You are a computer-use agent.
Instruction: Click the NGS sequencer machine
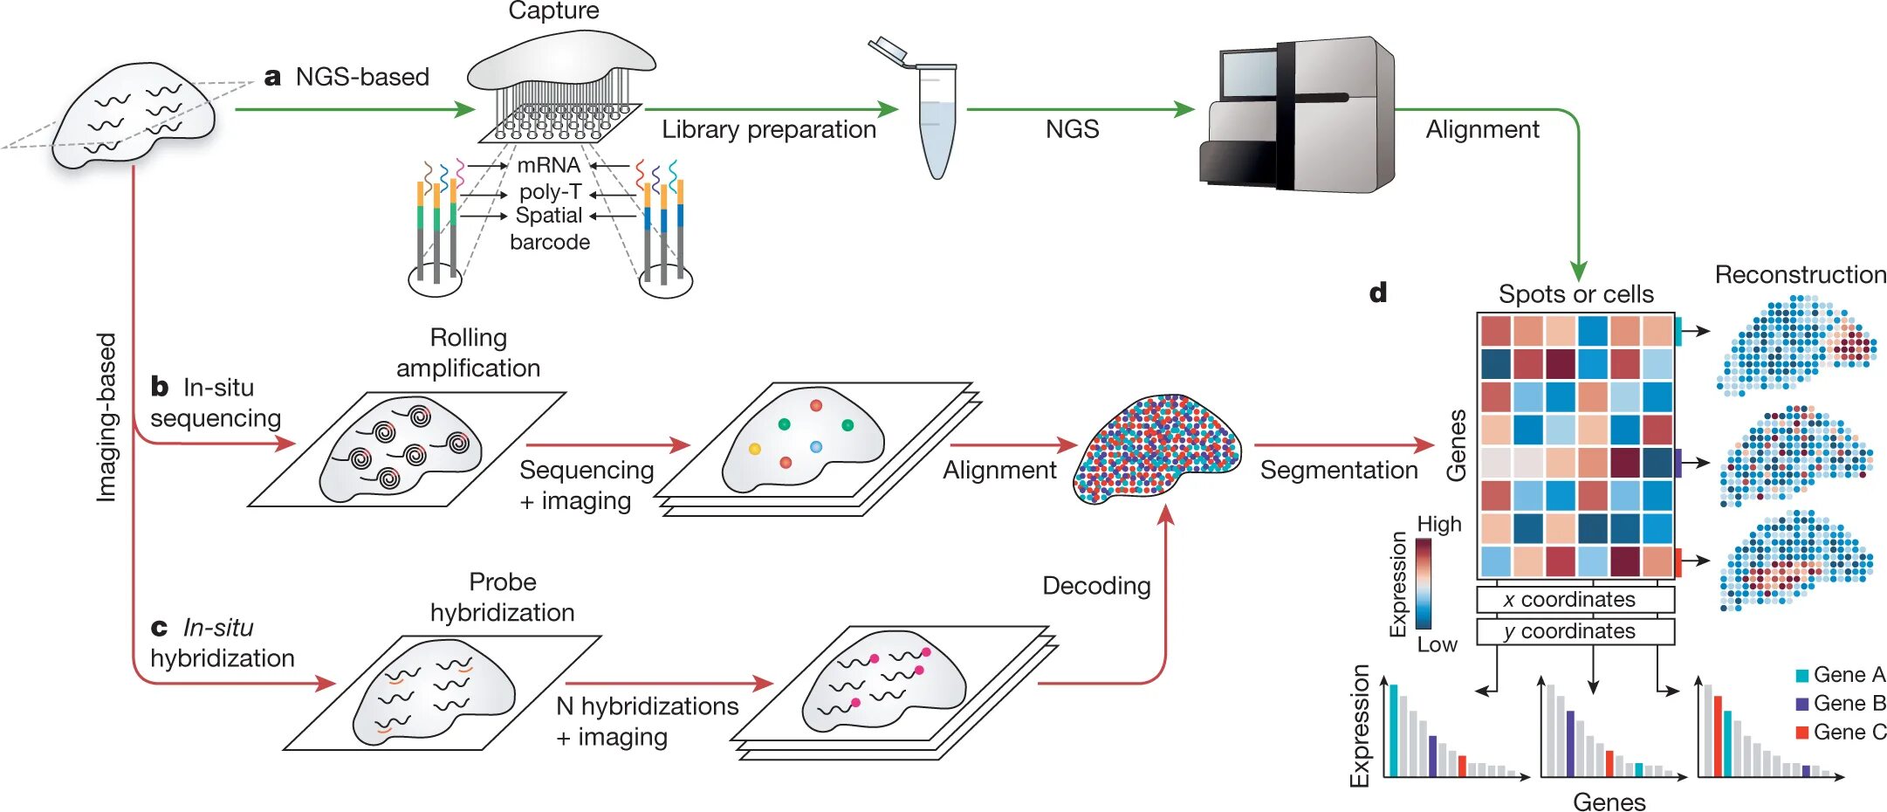pos(1297,114)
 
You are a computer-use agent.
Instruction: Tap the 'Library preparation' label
pos(769,129)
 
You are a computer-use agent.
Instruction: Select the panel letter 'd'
pos(1378,292)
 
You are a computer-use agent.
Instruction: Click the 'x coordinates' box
pos(1575,600)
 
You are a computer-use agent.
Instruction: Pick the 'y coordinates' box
pos(1575,631)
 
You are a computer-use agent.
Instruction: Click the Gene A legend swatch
pos(1801,675)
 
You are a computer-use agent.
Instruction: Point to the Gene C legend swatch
pos(1801,733)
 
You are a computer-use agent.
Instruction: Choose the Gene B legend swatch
pos(1801,704)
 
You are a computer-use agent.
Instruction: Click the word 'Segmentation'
pos(1339,471)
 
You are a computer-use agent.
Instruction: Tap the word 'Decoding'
pos(1096,586)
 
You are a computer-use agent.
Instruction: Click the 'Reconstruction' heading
pos(1801,274)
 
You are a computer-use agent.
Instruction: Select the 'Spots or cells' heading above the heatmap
pos(1576,294)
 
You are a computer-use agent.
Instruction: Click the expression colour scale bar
pos(1424,583)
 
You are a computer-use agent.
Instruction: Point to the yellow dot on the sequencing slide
pos(755,449)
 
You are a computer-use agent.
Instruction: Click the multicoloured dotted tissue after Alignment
pos(1156,447)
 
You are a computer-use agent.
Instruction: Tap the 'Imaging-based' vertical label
pos(106,416)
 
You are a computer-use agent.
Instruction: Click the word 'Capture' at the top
pos(553,10)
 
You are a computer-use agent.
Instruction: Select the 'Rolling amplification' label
pos(469,353)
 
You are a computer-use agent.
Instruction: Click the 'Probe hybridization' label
pos(503,597)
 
